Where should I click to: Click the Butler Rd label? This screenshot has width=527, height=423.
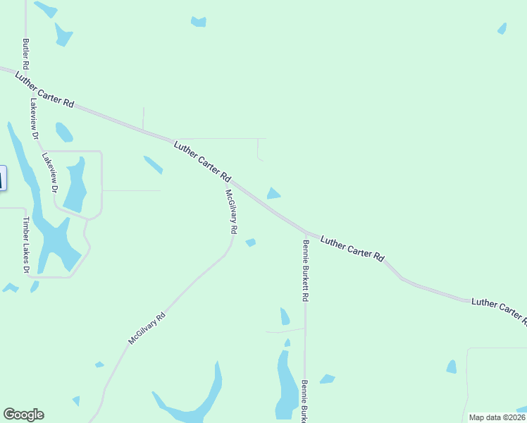pos(26,54)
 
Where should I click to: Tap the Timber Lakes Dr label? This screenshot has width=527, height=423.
pos(25,245)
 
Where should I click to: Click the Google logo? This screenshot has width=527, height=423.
pos(23,415)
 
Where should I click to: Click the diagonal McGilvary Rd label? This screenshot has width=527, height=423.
pos(147,328)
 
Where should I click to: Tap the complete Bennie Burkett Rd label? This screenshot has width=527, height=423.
pos(306,271)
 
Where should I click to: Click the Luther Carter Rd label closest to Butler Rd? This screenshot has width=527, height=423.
pos(44,88)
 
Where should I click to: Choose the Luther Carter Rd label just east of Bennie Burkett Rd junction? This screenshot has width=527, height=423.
pos(352,249)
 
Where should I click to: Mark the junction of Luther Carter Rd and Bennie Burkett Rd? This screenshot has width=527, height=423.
pos(306,231)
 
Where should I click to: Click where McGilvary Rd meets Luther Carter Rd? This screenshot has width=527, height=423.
pos(232,182)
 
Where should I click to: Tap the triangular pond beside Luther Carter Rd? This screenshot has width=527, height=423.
pos(273,193)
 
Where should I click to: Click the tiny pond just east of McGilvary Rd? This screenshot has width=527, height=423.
pos(250,243)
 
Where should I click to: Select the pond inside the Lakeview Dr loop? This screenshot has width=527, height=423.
pos(75,188)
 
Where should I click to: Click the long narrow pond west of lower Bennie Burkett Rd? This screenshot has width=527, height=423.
pos(285,384)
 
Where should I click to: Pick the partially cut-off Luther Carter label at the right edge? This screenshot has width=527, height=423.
pos(499,311)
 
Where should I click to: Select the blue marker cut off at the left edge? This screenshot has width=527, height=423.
pos(2,178)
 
